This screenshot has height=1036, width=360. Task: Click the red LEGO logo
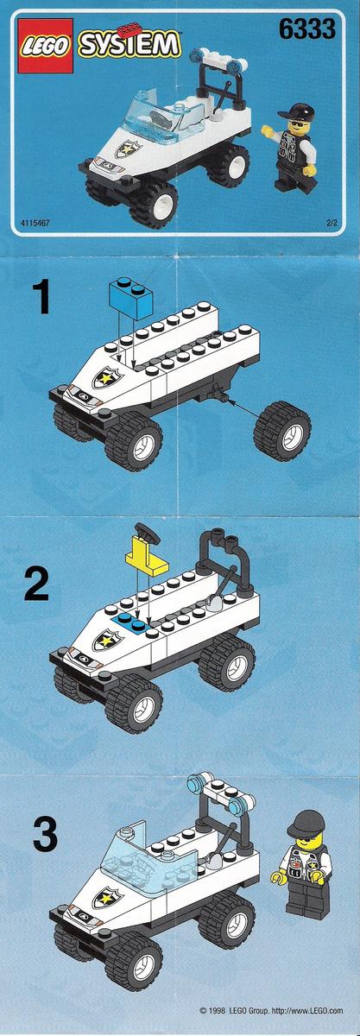click(46, 45)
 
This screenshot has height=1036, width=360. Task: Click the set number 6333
click(306, 29)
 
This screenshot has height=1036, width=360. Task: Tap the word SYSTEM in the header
click(129, 45)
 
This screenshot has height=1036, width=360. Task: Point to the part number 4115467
click(35, 223)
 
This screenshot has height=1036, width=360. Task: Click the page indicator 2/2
click(332, 223)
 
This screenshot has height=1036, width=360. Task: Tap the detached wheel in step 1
click(281, 431)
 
